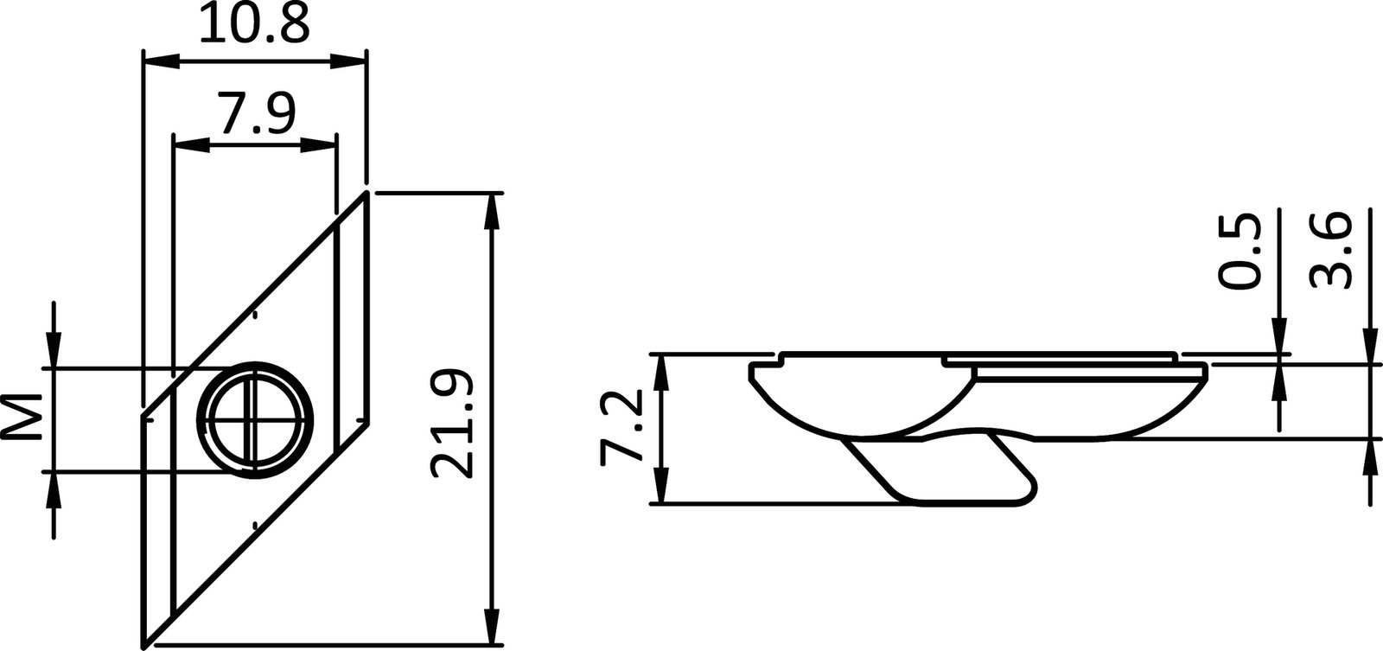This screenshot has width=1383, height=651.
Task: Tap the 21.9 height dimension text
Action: pos(451,424)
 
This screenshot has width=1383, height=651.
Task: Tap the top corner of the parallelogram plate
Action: pos(366,194)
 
